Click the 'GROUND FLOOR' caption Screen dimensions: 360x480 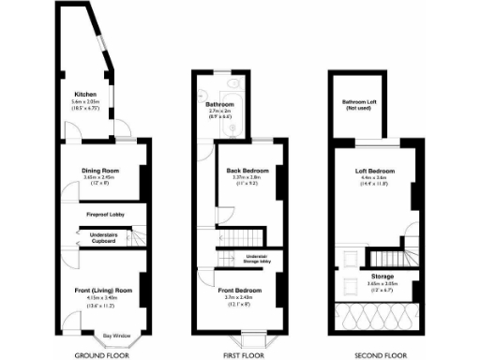click(x=101, y=355)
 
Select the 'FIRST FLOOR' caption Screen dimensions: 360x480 click(x=241, y=355)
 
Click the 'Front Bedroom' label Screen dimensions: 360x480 click(x=241, y=292)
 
